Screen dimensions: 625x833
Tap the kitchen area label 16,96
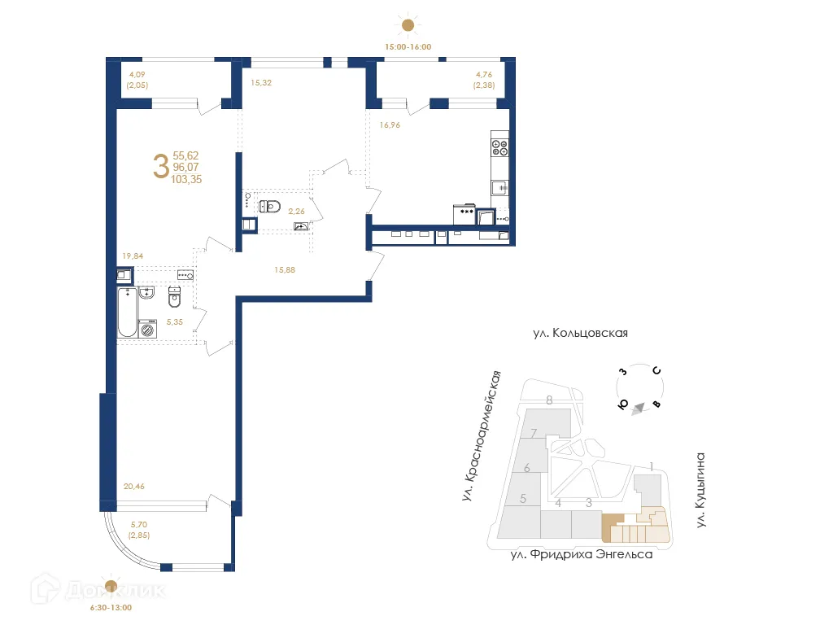coord(390,125)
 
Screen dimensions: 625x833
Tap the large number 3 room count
coord(160,167)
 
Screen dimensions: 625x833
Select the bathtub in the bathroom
coord(128,312)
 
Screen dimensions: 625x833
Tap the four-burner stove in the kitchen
coord(500,147)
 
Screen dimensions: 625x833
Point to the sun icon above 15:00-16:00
coord(408,23)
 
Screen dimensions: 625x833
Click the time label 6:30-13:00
coord(111,607)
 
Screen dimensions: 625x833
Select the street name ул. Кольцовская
coord(580,333)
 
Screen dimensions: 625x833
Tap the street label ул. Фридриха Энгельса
coord(581,555)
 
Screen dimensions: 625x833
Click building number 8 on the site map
coord(550,400)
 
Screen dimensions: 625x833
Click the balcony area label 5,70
coord(136,526)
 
